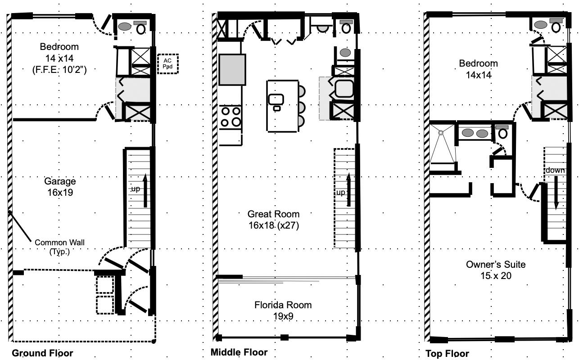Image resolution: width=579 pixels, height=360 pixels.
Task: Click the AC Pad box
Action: [x=168, y=63]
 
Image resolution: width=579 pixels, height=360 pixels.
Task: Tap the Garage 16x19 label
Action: [x=60, y=187]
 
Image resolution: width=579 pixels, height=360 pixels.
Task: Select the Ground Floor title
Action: [x=42, y=353]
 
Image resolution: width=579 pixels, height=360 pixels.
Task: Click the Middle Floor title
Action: [x=239, y=352]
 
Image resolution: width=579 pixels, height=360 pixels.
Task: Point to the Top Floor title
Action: [x=447, y=353]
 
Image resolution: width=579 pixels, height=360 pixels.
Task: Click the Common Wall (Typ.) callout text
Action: [x=59, y=247]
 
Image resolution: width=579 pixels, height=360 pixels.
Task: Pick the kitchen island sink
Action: [x=276, y=99]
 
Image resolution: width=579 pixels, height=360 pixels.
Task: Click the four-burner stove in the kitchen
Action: [x=231, y=117]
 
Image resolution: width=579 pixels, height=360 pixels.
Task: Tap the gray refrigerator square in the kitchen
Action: [x=232, y=69]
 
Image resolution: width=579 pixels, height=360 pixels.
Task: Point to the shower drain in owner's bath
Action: [x=441, y=133]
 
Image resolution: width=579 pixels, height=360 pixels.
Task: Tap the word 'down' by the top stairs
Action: [x=555, y=170]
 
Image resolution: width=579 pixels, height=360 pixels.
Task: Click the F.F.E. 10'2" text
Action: [x=59, y=70]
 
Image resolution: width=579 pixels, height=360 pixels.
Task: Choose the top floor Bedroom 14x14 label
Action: [x=479, y=69]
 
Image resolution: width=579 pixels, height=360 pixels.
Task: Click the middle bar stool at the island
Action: [x=302, y=107]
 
